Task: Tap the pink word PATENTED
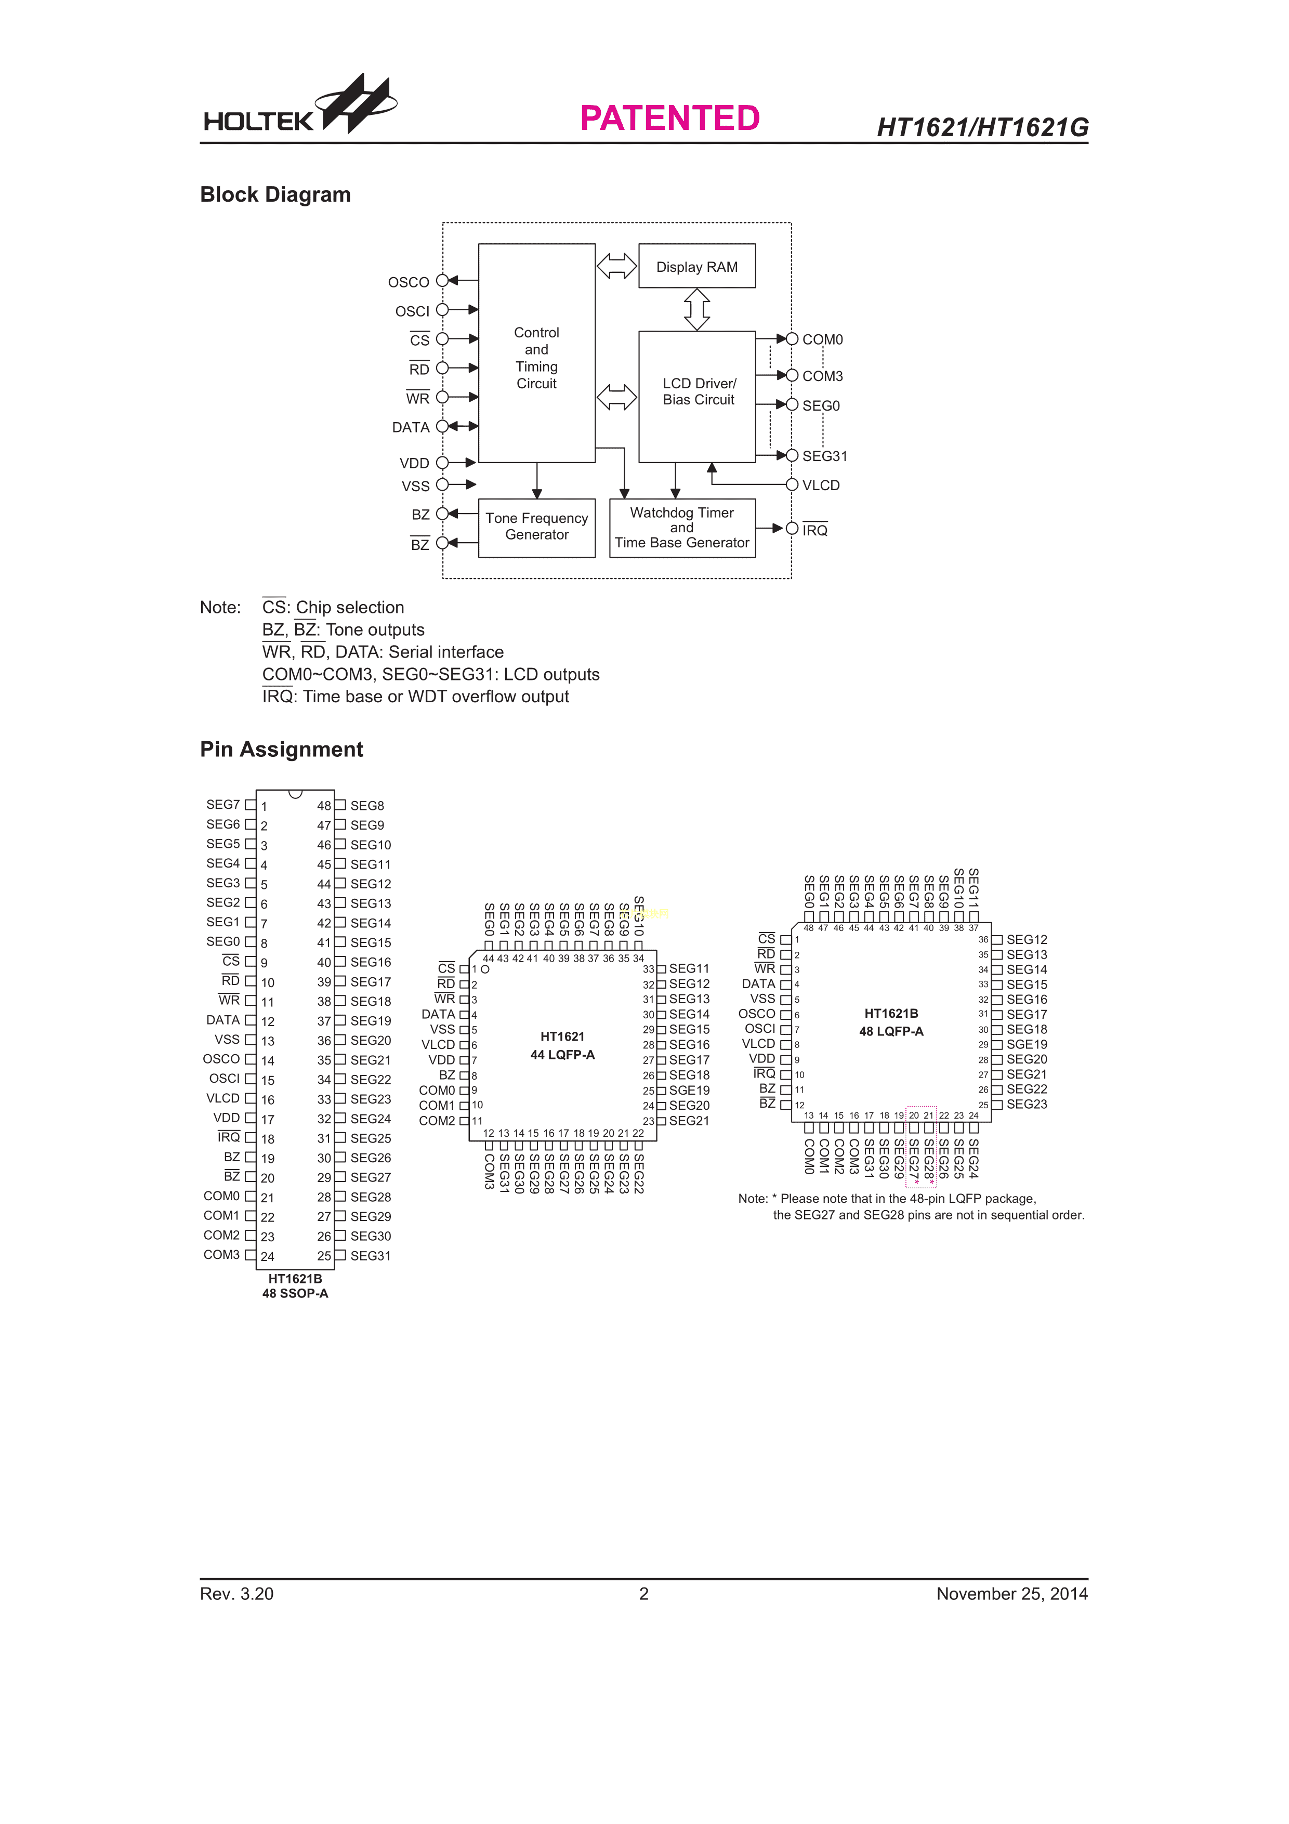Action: click(x=669, y=119)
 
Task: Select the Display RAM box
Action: click(x=696, y=266)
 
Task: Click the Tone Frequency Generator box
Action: click(x=537, y=528)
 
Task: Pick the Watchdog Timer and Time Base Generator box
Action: click(x=682, y=528)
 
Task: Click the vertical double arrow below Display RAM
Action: click(x=696, y=309)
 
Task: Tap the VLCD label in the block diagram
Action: click(x=820, y=485)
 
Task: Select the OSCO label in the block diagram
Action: click(x=408, y=282)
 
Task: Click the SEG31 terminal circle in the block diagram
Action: click(x=792, y=455)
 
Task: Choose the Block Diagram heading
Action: click(x=275, y=194)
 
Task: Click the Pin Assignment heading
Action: click(x=281, y=749)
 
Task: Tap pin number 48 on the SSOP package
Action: click(x=324, y=806)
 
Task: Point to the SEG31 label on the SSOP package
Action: click(x=370, y=1256)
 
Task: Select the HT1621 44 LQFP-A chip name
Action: click(x=562, y=1045)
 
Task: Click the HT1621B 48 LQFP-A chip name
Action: click(x=891, y=1022)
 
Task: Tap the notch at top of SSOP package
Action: click(x=295, y=794)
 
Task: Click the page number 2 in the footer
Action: click(x=644, y=1594)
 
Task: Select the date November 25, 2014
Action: click(x=1012, y=1594)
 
